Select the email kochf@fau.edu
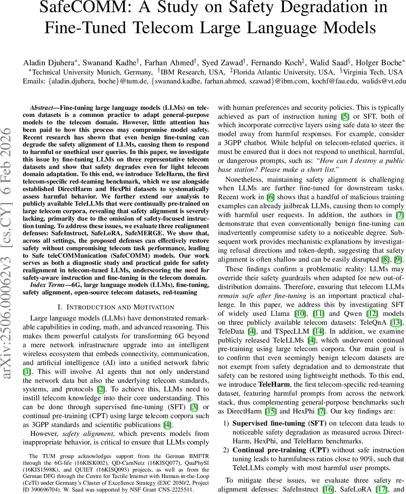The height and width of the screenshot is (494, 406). click(305, 81)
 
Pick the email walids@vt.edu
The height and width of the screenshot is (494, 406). click(383, 81)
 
